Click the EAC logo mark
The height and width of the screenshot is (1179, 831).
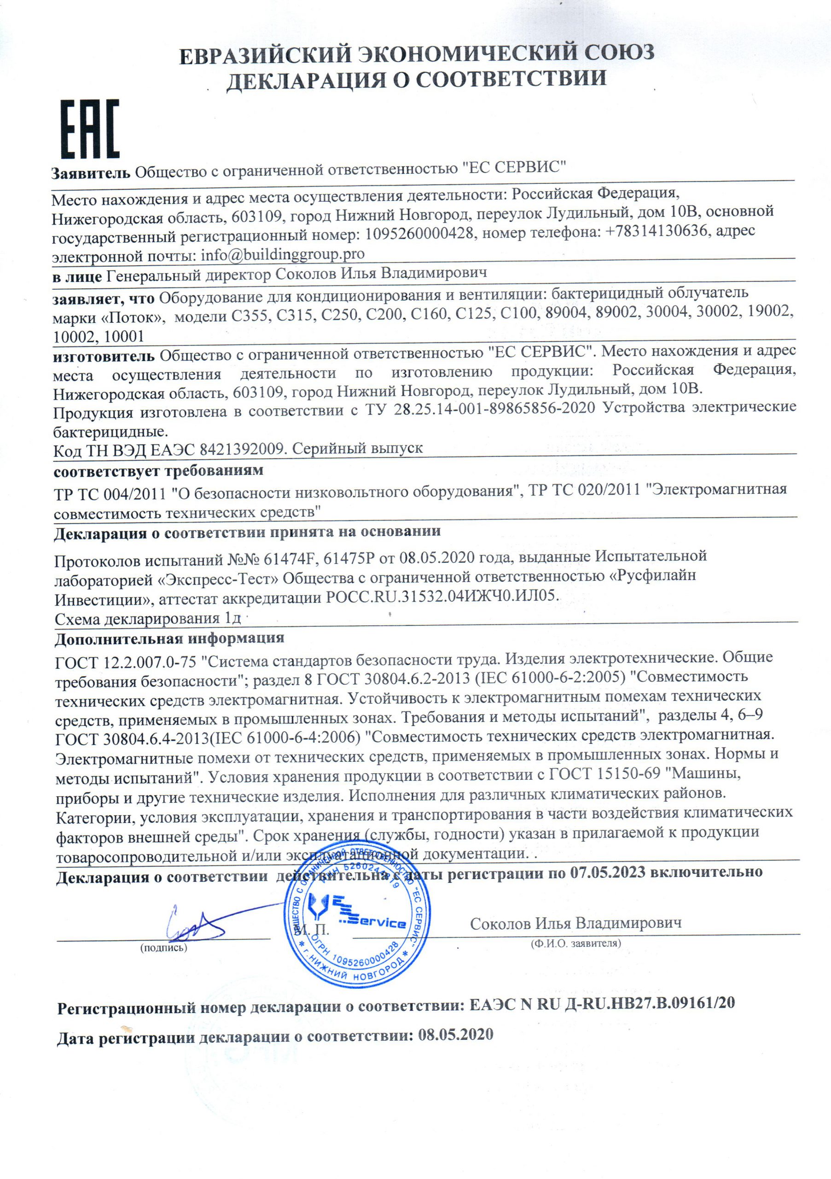tap(90, 129)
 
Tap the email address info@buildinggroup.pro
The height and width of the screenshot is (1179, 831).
tap(282, 254)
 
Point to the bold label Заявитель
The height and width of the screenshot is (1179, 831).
tap(91, 173)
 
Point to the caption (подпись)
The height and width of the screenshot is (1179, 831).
tap(164, 948)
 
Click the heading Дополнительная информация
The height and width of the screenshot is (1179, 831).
tap(169, 639)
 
